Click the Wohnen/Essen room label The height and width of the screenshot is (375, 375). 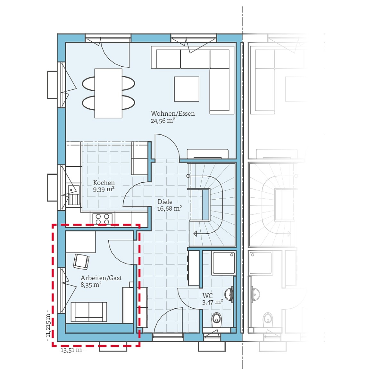pyautogui.click(x=172, y=113)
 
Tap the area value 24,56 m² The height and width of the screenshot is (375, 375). pyautogui.click(x=163, y=121)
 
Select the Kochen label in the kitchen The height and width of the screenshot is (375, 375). pyautogui.click(x=104, y=183)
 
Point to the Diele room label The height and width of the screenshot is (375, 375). pyautogui.click(x=165, y=202)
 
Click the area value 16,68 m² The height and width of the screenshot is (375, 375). pyautogui.click(x=169, y=209)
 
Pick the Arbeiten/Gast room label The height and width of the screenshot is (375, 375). pyautogui.click(x=101, y=278)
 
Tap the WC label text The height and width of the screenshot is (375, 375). pyautogui.click(x=207, y=296)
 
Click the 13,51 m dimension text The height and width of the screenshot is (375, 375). pyautogui.click(x=71, y=350)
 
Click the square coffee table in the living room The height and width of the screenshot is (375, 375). pyautogui.click(x=187, y=89)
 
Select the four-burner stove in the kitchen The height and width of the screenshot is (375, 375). pyautogui.click(x=102, y=219)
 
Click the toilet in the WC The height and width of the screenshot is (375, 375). pyautogui.click(x=217, y=319)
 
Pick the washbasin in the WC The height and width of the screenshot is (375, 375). pyautogui.click(x=229, y=294)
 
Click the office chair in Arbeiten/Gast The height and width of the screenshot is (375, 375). pyautogui.click(x=81, y=261)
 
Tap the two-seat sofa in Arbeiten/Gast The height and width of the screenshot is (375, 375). pyautogui.click(x=89, y=311)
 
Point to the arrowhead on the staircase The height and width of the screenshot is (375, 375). pyautogui.click(x=195, y=234)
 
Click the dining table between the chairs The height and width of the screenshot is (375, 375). pyautogui.click(x=108, y=93)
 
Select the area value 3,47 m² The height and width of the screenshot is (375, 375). pyautogui.click(x=213, y=302)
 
